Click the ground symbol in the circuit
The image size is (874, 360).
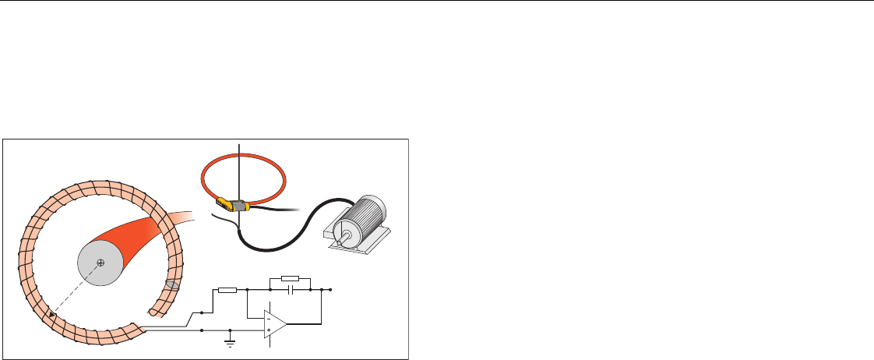[230, 339]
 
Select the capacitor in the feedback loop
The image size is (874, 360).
[291, 289]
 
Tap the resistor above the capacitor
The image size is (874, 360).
[290, 277]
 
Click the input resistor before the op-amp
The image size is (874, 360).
[227, 290]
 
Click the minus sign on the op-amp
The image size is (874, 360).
[267, 318]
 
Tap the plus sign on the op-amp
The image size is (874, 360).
[267, 330]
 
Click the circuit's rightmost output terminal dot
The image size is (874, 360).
[331, 289]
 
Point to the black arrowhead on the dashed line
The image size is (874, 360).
[52, 315]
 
